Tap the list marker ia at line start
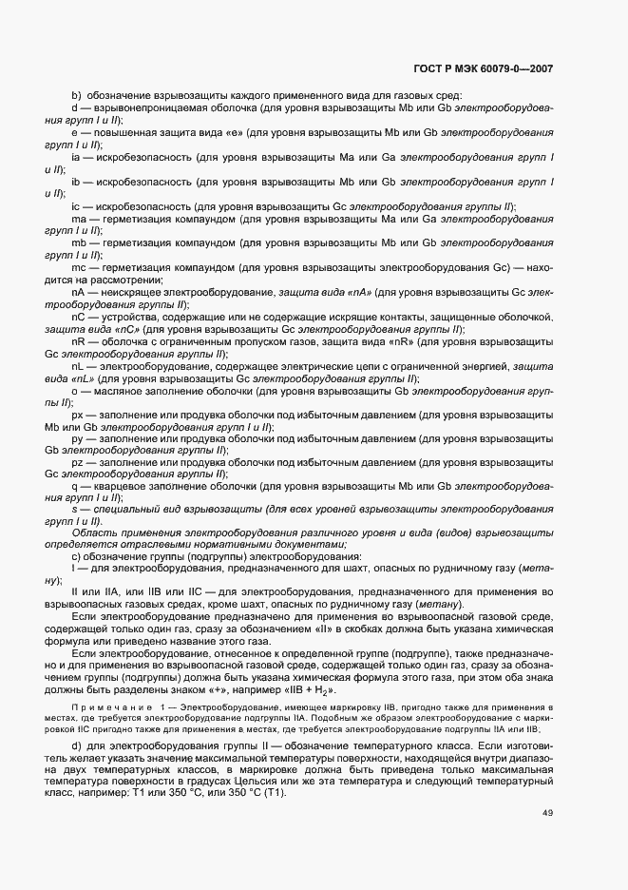click(x=76, y=155)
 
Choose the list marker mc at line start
click(x=79, y=268)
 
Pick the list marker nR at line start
click(x=78, y=340)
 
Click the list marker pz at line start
click(x=78, y=461)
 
